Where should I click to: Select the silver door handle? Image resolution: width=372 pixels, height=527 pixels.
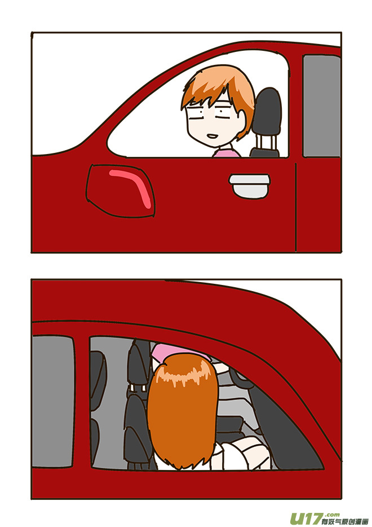pyautogui.click(x=247, y=185)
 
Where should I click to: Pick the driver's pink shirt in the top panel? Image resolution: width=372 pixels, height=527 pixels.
pyautogui.click(x=228, y=151)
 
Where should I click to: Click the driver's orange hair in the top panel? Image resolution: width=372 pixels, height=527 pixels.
pyautogui.click(x=217, y=85)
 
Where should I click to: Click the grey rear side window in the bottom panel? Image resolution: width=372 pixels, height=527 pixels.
pyautogui.click(x=53, y=401)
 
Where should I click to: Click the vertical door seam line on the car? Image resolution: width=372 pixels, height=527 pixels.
pyautogui.click(x=296, y=203)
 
